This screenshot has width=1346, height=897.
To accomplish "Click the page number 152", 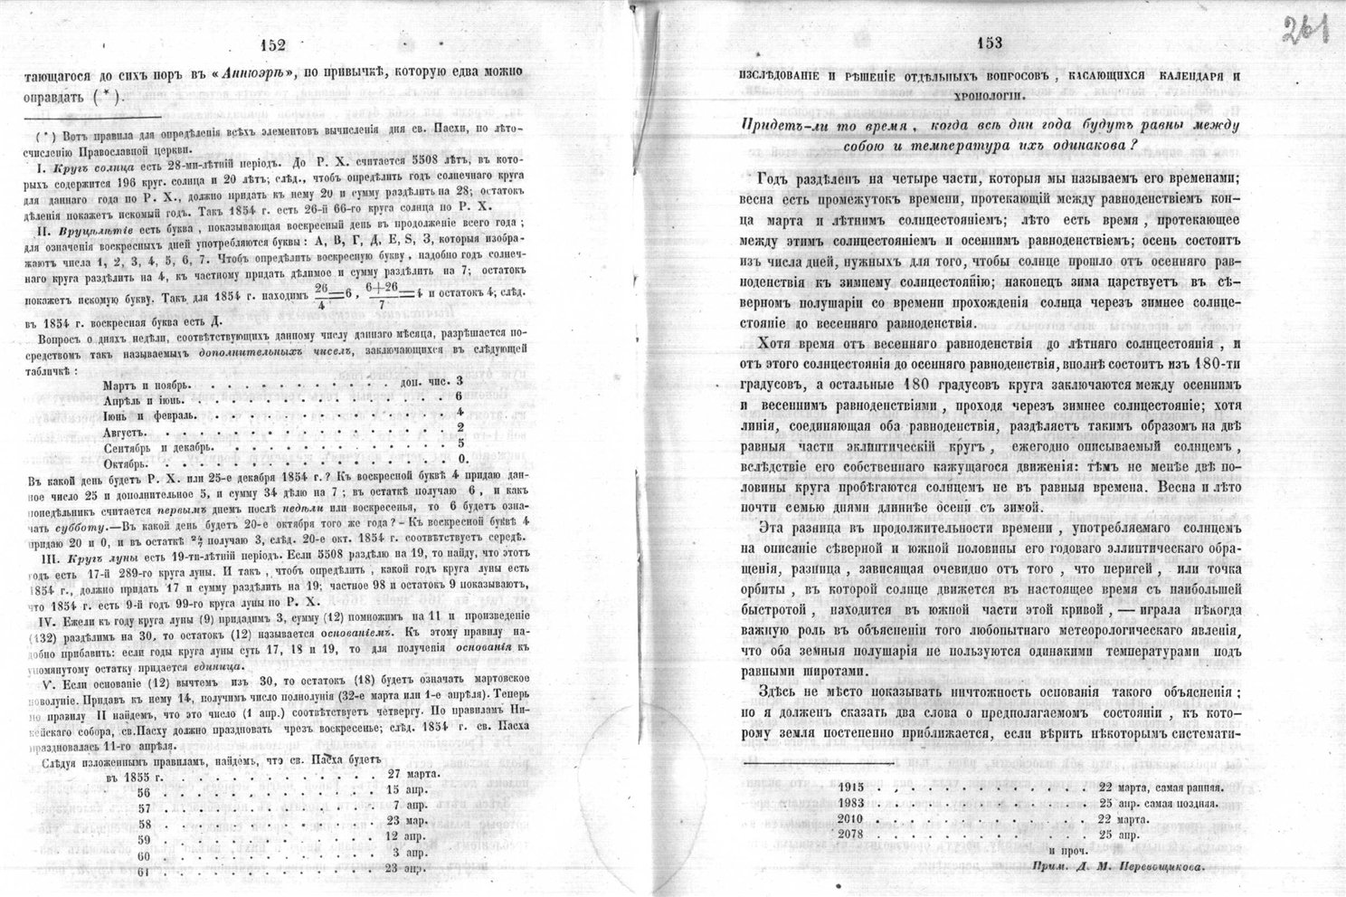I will pyautogui.click(x=271, y=45).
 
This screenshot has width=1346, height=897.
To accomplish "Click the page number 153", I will pyautogui.click(x=990, y=43).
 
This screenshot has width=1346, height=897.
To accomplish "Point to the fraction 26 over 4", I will pyautogui.click(x=320, y=295).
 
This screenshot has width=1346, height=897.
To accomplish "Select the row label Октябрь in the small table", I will pyautogui.click(x=131, y=462).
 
